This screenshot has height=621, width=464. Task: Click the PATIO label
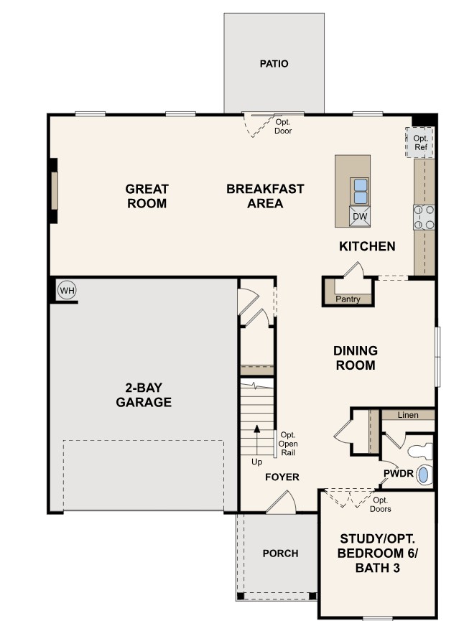coord(274,64)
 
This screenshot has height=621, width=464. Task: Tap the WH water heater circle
coord(67,291)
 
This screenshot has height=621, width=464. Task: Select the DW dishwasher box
coord(361,216)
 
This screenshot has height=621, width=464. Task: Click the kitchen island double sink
coord(361,191)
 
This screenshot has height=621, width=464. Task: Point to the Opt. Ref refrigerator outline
coord(420,142)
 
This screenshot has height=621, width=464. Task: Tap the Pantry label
coord(348,299)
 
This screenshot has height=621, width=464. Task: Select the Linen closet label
coord(408,416)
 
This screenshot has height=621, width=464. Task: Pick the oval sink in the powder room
coord(424,475)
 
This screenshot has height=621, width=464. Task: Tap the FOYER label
coord(282,477)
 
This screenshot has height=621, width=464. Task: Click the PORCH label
coord(280,554)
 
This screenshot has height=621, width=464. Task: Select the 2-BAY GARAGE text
coord(144,396)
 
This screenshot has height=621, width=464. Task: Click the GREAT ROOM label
coord(147,196)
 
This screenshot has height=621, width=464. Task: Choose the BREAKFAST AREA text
coord(265,196)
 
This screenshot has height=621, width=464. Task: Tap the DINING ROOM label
coord(355,358)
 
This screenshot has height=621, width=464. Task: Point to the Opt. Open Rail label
coord(288,444)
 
